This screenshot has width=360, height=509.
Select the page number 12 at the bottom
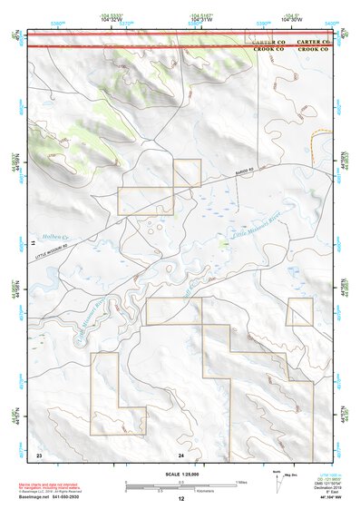pos(180,499)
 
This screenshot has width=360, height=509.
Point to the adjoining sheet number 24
pos(181,454)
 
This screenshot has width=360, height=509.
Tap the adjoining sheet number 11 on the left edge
pos(33,244)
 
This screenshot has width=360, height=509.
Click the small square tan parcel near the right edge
pos(299,311)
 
